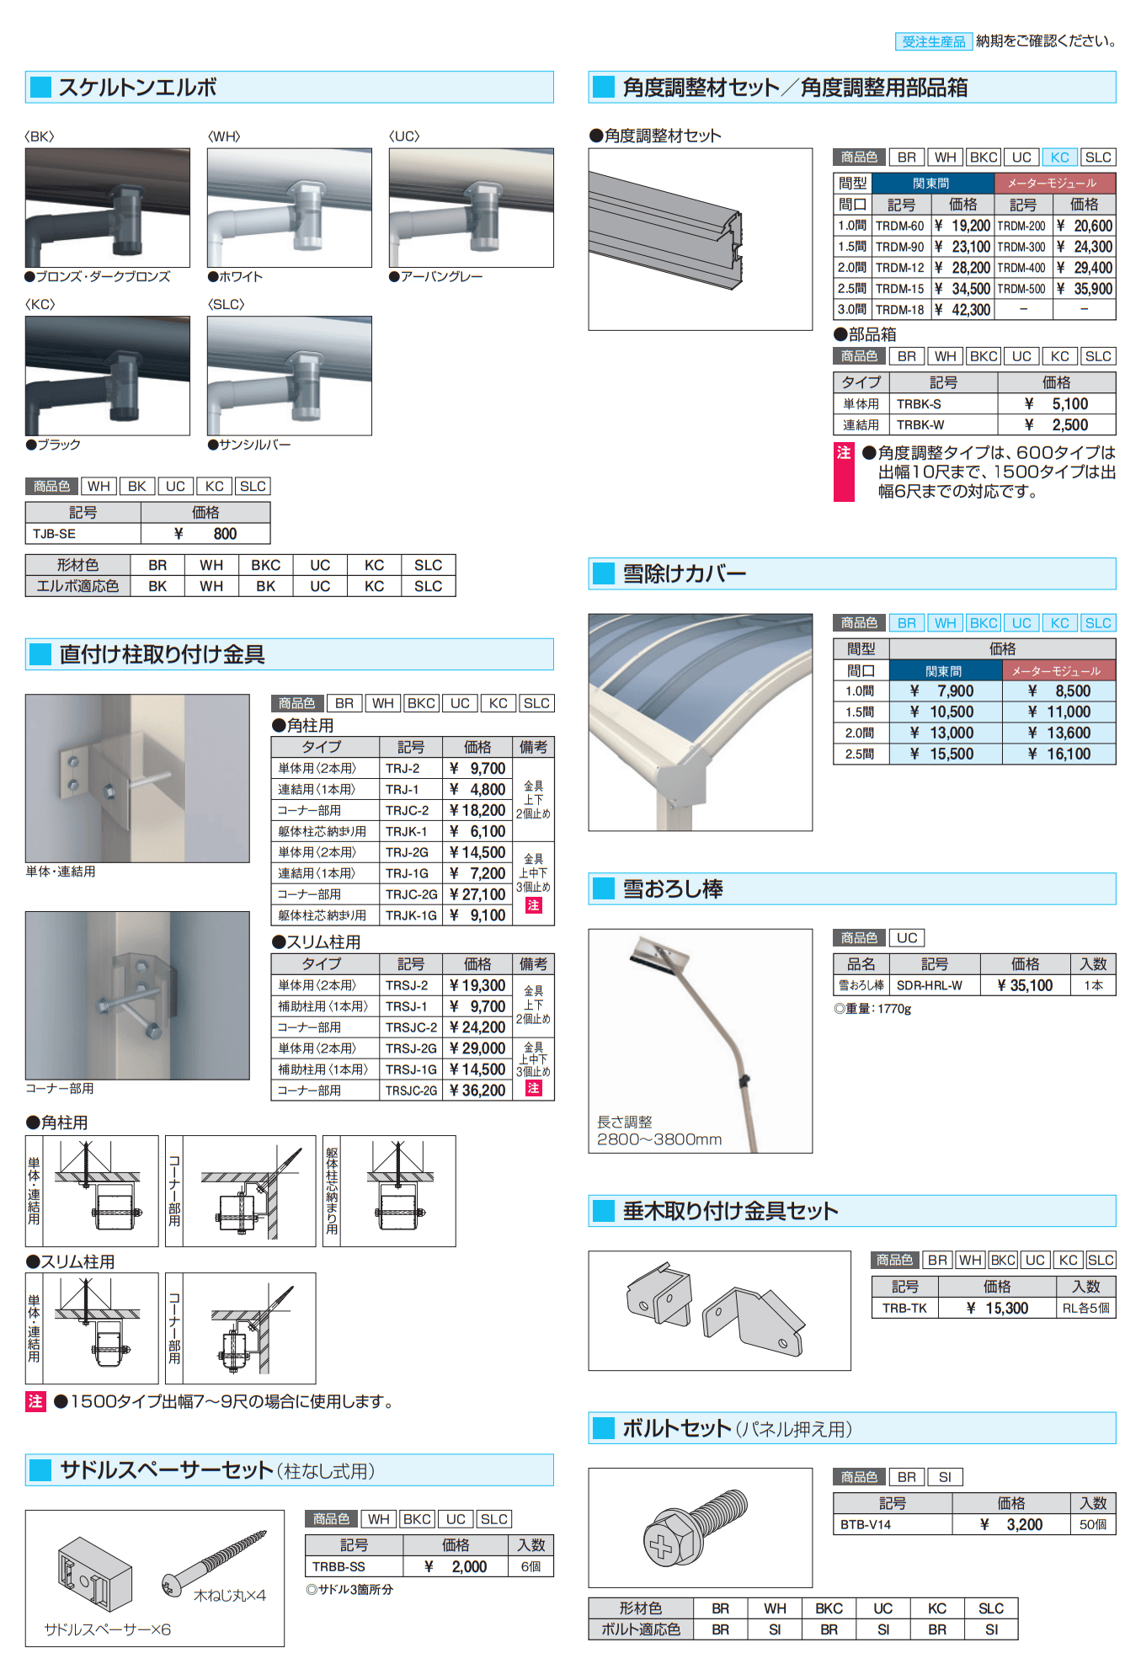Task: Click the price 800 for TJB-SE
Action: tap(224, 534)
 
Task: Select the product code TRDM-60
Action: tap(899, 226)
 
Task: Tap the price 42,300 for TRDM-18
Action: tap(970, 310)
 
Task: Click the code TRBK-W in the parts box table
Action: tap(920, 425)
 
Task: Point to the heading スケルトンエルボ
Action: tap(137, 88)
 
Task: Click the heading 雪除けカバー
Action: tap(684, 574)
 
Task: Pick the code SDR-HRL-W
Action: tap(929, 985)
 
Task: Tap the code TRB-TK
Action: tap(904, 1308)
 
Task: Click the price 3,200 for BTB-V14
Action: tap(1024, 1524)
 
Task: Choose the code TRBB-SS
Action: tap(339, 1566)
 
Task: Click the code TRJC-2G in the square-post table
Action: tap(411, 894)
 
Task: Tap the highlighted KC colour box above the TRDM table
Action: tap(1059, 157)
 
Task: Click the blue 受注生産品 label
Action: tap(933, 41)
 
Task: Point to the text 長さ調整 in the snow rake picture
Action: tap(624, 1122)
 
